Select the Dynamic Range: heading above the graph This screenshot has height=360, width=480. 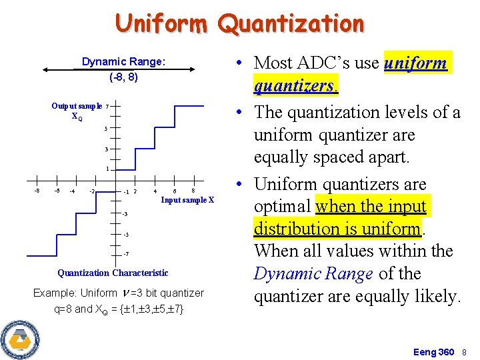coord(123,62)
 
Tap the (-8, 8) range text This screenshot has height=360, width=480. coord(123,77)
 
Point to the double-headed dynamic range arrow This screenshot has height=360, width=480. coord(123,69)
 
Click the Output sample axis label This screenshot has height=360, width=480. coord(77,106)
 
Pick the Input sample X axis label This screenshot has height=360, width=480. coord(187,200)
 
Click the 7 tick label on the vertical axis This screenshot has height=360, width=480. coord(107,106)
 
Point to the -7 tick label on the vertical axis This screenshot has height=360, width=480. coord(125,254)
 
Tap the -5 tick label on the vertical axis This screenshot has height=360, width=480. coord(125,235)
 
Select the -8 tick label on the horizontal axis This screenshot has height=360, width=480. coord(37,191)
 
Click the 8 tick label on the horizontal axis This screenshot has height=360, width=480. coord(193,191)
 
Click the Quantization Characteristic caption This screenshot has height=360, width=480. coord(113,273)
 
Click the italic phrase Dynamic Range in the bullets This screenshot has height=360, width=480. coord(313,274)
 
